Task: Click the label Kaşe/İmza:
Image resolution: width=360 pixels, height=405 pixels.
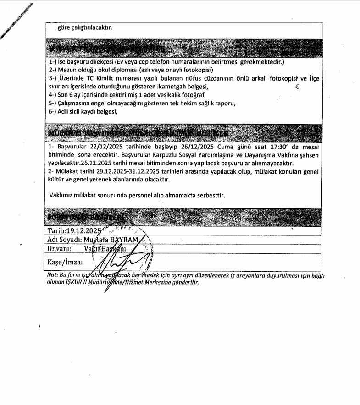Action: click(x=65, y=263)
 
